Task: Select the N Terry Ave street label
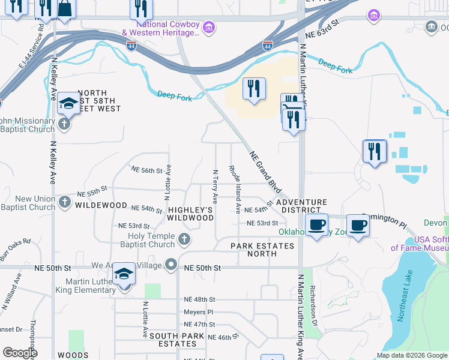[214, 186]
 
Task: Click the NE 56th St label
[147, 170]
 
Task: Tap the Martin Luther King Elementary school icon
[124, 275]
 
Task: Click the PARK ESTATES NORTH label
[263, 250]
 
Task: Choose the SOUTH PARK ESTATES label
[173, 340]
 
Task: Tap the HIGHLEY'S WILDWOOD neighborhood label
[191, 214]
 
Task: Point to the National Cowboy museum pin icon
[208, 27]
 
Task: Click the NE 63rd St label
[322, 36]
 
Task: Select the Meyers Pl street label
[198, 312]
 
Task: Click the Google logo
[20, 352]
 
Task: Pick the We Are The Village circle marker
[172, 265]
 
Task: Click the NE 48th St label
[199, 299]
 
